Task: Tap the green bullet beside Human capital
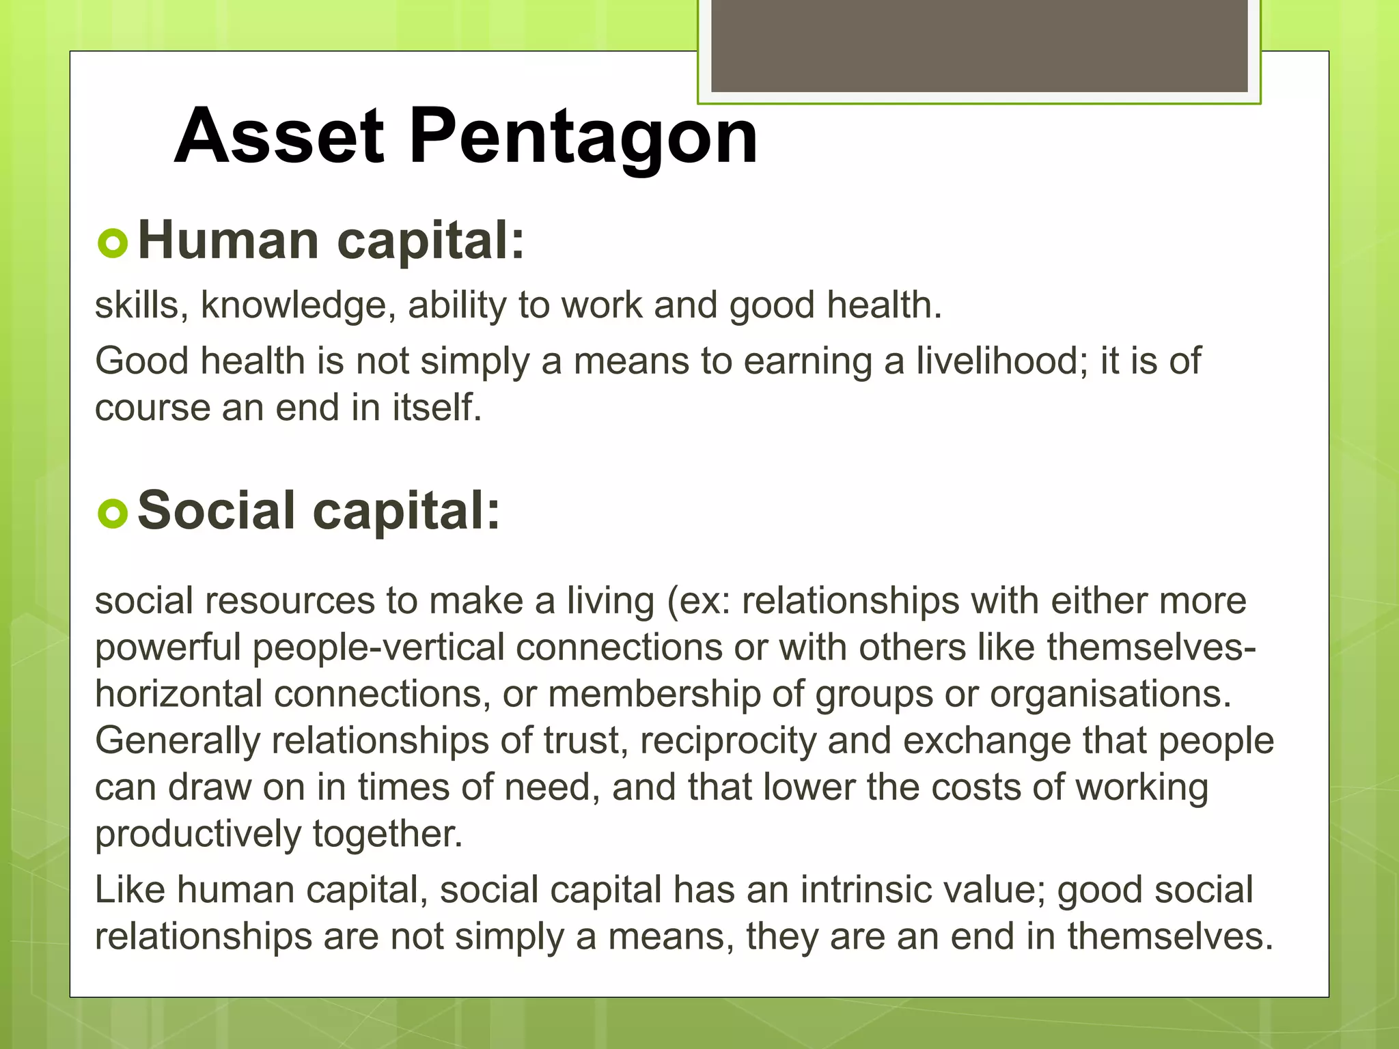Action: coord(113,243)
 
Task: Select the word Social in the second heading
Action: coord(216,511)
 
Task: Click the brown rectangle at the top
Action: coord(979,45)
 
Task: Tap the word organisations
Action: coord(1110,695)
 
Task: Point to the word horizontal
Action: coord(178,695)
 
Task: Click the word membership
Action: coord(654,695)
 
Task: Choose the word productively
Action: coord(197,835)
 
